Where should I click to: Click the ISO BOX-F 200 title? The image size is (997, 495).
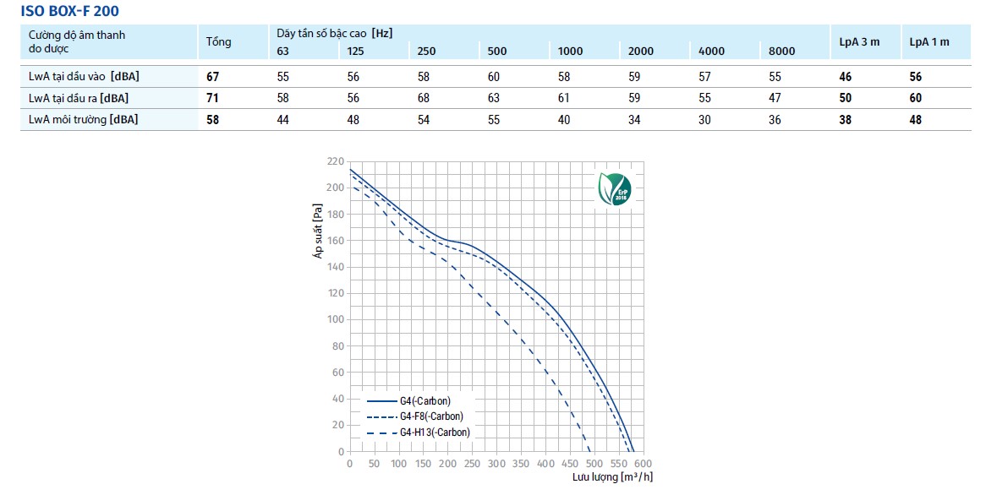(x=63, y=11)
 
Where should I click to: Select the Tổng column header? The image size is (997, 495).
(x=218, y=42)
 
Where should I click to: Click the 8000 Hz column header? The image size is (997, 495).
(x=781, y=52)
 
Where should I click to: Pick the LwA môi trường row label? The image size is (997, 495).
(x=83, y=120)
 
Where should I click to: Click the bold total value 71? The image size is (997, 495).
(x=213, y=98)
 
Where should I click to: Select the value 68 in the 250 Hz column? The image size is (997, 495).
(x=424, y=98)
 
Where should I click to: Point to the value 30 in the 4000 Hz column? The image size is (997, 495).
(x=705, y=120)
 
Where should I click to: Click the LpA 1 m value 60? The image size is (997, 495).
(x=915, y=98)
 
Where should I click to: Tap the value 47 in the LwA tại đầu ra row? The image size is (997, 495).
(x=775, y=98)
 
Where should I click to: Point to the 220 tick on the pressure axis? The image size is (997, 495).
(x=335, y=160)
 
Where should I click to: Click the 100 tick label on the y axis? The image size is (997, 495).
(x=335, y=319)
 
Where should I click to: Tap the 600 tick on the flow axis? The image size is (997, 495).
(x=642, y=464)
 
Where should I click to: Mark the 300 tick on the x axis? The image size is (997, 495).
(x=496, y=464)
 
